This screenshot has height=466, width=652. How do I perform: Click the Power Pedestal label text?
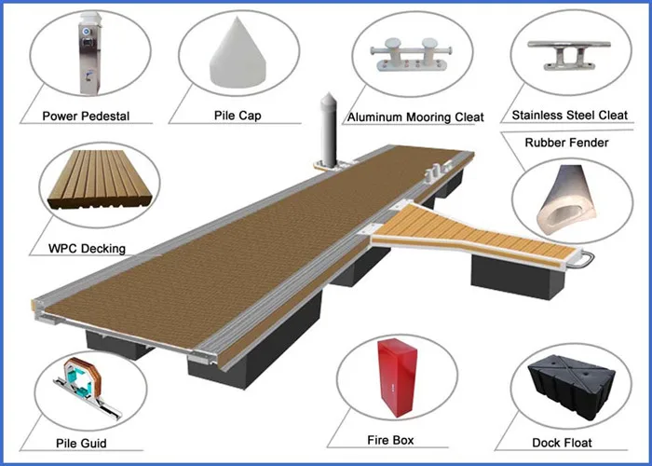(86, 116)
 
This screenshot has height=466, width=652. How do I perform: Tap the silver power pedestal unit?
(89, 53)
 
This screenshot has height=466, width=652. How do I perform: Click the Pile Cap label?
(238, 115)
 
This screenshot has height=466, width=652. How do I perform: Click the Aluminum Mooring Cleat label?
(415, 116)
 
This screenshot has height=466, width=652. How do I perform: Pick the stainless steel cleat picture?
(569, 55)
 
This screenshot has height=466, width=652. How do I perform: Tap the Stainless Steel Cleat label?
(570, 115)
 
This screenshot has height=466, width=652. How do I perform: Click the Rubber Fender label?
(566, 143)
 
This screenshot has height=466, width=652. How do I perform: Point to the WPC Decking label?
(87, 249)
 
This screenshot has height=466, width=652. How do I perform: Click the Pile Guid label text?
(81, 443)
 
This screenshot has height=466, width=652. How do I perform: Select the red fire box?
(397, 377)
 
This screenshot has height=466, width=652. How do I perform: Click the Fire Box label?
(390, 440)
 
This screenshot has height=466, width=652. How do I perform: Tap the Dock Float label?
(562, 443)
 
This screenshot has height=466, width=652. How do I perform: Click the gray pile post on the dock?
(329, 130)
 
